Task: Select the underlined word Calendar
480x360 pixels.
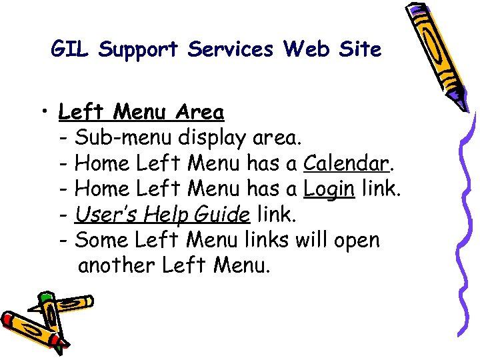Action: click(x=345, y=163)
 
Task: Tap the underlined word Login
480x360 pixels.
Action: click(x=329, y=190)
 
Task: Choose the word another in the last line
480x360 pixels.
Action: click(x=117, y=265)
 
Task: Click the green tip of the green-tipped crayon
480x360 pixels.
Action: click(x=43, y=296)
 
